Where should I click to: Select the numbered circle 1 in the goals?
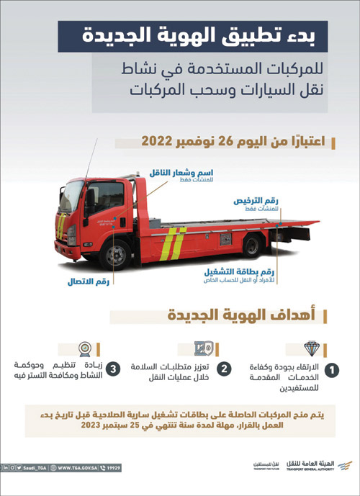[x=333, y=370]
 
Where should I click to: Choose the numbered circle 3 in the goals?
[x=114, y=369]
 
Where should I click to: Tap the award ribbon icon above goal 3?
[x=85, y=347]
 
